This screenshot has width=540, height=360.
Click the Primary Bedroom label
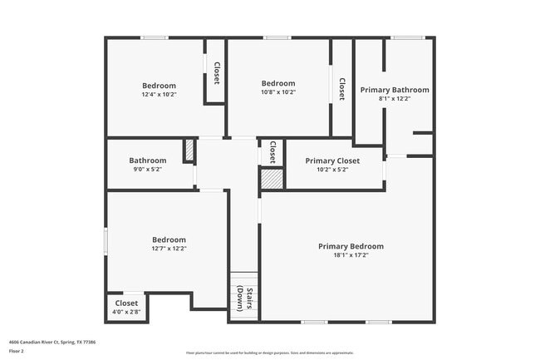point(351,246)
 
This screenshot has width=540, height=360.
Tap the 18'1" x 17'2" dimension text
point(351,256)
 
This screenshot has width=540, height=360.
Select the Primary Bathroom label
point(395,90)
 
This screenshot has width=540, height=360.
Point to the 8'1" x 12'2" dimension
point(395,99)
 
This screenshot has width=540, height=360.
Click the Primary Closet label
point(332,160)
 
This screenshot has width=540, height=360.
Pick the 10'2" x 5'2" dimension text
point(332,170)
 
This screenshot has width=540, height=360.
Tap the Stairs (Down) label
point(244,297)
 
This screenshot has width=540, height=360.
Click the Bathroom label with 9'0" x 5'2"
point(148,160)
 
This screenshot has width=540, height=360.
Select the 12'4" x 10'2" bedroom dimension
point(159,94)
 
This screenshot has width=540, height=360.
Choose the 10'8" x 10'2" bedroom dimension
point(278,92)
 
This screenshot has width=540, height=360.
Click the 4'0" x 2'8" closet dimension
point(126,313)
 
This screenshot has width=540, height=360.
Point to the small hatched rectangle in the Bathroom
point(189,150)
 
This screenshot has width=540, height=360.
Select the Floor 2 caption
point(17,351)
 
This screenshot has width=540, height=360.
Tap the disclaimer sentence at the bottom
point(270,352)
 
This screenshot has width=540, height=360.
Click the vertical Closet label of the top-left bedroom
point(216,73)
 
